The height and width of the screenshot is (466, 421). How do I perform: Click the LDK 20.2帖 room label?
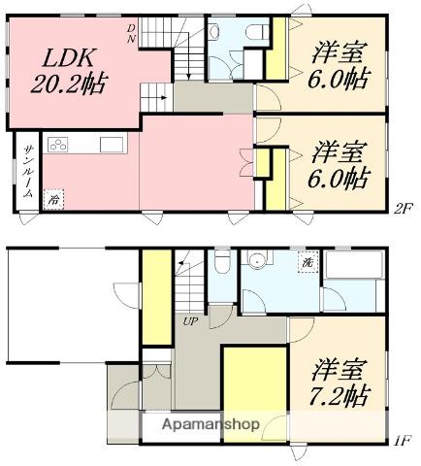point(69,72)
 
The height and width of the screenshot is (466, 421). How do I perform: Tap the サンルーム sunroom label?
point(28,172)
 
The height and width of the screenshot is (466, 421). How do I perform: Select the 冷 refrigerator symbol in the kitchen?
point(53,200)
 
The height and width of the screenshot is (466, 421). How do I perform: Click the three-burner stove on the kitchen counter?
point(58,145)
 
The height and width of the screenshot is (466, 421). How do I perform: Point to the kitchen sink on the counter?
point(112,145)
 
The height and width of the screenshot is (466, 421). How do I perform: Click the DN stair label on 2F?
point(131,34)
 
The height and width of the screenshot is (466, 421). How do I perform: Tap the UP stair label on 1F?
point(190,321)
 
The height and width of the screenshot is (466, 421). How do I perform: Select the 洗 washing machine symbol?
point(308,262)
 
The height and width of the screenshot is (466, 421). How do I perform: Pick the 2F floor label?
point(403,207)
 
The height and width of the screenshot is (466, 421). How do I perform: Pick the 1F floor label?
point(403,441)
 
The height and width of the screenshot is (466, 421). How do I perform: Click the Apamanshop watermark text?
point(210,424)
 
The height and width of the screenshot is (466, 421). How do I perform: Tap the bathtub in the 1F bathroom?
point(355,265)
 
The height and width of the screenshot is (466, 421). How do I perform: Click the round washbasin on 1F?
point(257,259)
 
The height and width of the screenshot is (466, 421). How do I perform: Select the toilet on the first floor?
point(222,262)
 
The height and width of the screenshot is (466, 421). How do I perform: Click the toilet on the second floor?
point(257,32)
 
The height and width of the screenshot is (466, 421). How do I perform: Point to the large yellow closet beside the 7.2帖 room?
point(255,394)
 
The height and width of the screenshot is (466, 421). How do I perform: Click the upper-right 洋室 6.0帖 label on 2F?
point(339,66)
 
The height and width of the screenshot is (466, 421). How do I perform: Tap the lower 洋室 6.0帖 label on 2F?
point(339,165)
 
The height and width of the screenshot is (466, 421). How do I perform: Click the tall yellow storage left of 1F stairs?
point(157,297)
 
